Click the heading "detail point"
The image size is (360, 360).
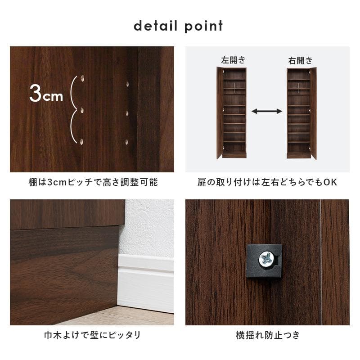pos(178,26)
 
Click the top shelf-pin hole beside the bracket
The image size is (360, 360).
pos(82,79)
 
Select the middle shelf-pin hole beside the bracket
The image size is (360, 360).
pos(82,110)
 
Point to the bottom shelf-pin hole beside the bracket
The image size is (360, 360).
pos(82,141)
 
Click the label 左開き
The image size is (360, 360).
pos(233,60)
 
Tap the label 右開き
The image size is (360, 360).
pos(300,60)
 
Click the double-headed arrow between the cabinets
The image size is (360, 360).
pos(266,111)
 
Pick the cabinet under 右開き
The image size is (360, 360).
pos(299,112)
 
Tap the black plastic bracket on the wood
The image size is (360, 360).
pos(264,261)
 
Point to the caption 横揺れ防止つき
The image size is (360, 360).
pos(267,335)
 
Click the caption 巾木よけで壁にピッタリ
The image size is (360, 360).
pos(92,335)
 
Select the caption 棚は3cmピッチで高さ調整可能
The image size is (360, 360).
pos(92,183)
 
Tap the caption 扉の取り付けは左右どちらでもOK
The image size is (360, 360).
pos(267,183)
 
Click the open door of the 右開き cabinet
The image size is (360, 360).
pos(313,112)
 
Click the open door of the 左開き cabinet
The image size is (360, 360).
pos(219,112)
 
